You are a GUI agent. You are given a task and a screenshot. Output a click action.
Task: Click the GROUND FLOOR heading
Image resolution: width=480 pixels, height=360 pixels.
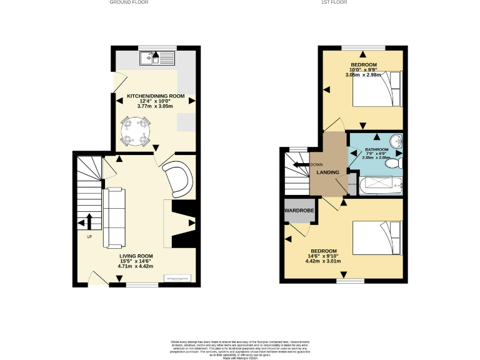click(x=129, y=2)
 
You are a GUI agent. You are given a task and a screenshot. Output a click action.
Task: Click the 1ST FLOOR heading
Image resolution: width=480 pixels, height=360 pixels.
click(x=334, y=2)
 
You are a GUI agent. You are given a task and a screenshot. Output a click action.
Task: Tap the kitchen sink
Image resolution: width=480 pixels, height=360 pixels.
click(x=158, y=59)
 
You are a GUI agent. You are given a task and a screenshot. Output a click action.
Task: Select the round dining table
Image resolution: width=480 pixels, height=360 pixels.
click(x=136, y=131)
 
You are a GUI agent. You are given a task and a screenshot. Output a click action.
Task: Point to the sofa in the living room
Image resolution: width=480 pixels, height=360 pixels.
click(x=115, y=217)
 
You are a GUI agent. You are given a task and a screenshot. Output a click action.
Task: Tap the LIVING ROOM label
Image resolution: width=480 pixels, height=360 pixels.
click(x=136, y=256)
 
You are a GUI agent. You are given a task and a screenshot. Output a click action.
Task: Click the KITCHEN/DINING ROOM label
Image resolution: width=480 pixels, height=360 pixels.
click(x=156, y=96)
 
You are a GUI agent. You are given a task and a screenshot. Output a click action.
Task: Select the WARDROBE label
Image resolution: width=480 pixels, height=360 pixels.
click(x=298, y=211)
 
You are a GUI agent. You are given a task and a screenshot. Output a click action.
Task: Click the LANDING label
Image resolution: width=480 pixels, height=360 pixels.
click(x=327, y=172)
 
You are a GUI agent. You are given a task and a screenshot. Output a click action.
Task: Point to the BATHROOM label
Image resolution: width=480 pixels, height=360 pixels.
click(x=376, y=150)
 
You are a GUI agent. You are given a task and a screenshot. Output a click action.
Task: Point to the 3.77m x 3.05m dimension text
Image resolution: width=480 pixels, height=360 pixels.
click(x=156, y=106)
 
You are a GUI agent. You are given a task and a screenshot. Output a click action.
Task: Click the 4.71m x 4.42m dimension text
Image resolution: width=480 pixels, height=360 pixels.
click(x=136, y=266)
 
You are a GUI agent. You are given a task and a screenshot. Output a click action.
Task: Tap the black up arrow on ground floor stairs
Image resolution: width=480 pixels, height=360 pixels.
click(x=87, y=222)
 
